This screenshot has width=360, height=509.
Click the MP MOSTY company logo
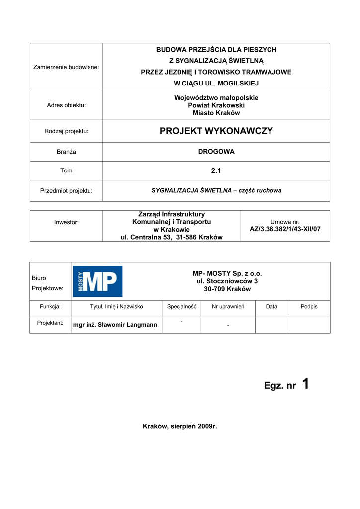pyautogui.click(x=97, y=281)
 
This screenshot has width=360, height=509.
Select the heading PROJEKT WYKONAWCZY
pyautogui.click(x=216, y=131)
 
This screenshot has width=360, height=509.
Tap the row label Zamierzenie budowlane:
pyautogui.click(x=66, y=67)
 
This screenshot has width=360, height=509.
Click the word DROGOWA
pyautogui.click(x=216, y=152)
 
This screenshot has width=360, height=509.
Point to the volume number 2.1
pyautogui.click(x=216, y=170)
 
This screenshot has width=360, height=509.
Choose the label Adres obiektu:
pyautogui.click(x=66, y=105)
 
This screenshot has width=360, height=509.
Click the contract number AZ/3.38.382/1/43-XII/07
pyautogui.click(x=285, y=229)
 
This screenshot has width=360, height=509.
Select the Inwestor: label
pyautogui.click(x=66, y=222)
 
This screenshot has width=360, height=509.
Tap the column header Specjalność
pyautogui.click(x=181, y=307)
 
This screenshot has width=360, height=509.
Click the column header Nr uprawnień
pyautogui.click(x=228, y=307)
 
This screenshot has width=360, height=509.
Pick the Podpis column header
pyautogui.click(x=309, y=307)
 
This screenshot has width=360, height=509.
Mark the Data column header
pyautogui.click(x=271, y=307)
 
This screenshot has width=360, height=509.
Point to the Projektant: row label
pyautogui.click(x=50, y=323)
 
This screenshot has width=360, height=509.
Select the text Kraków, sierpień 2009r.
pyautogui.click(x=180, y=426)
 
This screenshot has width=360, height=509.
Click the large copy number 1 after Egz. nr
pyautogui.click(x=305, y=384)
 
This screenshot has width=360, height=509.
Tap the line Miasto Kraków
pyautogui.click(x=216, y=113)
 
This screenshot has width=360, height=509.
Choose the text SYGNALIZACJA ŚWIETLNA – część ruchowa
pyautogui.click(x=216, y=190)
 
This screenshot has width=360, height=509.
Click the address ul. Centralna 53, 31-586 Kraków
pyautogui.click(x=172, y=237)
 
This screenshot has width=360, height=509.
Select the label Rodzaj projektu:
pyautogui.click(x=66, y=131)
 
